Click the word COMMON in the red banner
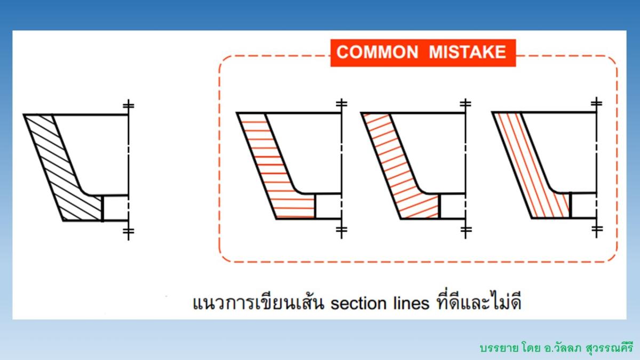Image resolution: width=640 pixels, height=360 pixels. pos(378,52)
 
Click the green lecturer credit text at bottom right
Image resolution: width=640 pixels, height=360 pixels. pos(555,347)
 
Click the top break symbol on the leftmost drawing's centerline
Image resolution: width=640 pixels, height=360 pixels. pos(128,105)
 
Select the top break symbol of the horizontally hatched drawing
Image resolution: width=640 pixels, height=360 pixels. pos(341,103)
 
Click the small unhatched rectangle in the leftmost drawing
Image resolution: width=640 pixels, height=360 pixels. pos(115,208)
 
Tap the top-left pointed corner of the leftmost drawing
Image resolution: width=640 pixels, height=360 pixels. pos(25,115)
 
